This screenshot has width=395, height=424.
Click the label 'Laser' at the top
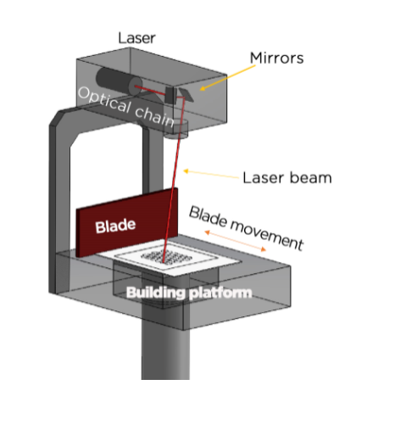pos(136,38)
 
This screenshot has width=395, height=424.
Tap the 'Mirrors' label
pos(277,59)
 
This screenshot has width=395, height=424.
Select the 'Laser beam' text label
pos(287,178)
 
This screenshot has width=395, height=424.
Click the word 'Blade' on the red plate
pos(115,226)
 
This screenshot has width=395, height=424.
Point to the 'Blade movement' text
pos(246,228)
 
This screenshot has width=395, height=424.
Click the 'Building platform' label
pos(189,293)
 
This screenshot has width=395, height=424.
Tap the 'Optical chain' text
pos(125,106)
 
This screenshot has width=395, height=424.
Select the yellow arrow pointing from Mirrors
pos(228,78)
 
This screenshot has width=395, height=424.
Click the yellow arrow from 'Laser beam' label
pos(211,174)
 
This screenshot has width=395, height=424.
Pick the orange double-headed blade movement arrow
pos(235,241)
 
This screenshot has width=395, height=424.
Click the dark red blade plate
pos(127,222)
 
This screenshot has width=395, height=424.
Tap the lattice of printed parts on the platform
pos(167,257)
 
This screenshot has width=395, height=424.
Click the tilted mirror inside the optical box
pos(186,94)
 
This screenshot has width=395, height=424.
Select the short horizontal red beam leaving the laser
pos(150,90)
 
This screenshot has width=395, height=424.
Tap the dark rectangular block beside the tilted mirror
pos(170,95)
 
